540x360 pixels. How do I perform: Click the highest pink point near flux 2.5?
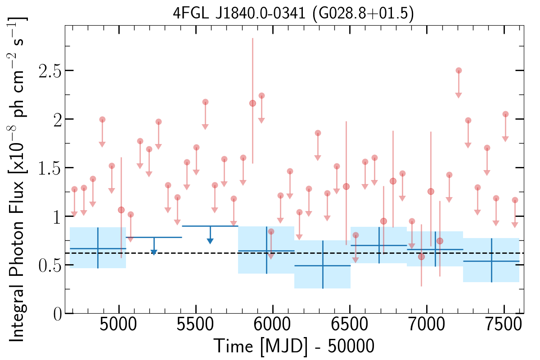(459, 70)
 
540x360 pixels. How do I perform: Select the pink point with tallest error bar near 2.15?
(252, 103)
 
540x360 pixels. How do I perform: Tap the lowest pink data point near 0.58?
(421, 256)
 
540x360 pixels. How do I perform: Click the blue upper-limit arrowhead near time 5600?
(210, 241)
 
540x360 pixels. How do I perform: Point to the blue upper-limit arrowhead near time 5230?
(153, 252)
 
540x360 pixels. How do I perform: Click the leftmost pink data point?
(74, 189)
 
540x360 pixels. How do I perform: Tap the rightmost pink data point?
(515, 200)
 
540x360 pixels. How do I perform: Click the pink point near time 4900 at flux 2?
(102, 119)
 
